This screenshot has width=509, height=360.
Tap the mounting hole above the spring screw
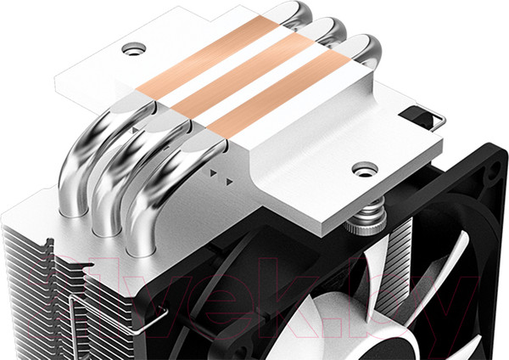pos(362,168)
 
